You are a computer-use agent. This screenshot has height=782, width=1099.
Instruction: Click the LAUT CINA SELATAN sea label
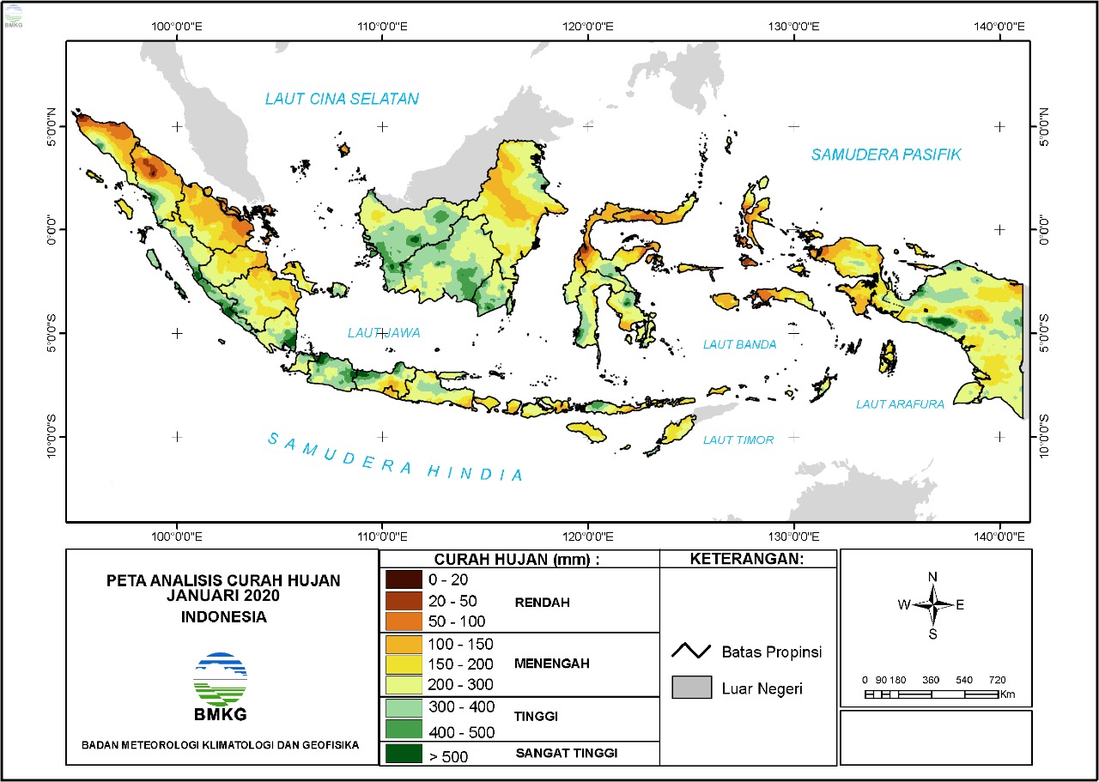point(342,99)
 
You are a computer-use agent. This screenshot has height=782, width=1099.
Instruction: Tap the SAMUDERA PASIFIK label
point(886,155)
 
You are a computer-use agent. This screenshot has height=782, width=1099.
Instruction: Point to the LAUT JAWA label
point(384,332)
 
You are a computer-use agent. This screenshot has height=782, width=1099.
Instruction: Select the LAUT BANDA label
point(739,344)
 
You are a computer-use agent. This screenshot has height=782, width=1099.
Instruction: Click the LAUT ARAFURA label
point(899,403)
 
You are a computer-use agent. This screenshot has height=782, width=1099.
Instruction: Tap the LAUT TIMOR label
point(738,439)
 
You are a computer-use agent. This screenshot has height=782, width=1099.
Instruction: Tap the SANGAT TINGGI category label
point(567,754)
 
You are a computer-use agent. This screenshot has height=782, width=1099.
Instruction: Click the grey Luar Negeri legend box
point(691,688)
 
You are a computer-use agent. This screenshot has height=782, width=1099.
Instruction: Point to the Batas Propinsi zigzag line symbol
point(691,652)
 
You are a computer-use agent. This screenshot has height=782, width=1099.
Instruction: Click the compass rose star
point(932,604)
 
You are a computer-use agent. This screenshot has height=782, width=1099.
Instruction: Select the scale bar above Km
point(932,693)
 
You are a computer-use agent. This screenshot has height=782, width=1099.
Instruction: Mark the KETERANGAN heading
point(747,560)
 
